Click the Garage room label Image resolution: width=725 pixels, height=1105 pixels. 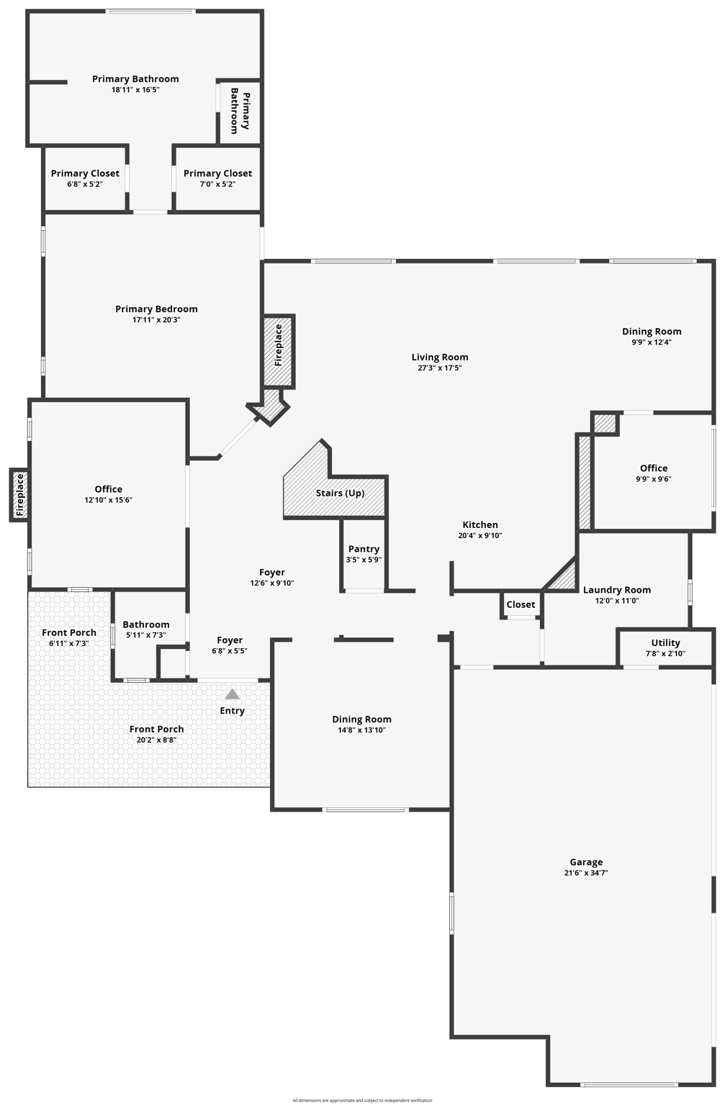[586, 862]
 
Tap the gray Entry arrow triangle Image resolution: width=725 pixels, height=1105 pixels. [232, 694]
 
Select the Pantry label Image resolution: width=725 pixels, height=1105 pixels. [364, 549]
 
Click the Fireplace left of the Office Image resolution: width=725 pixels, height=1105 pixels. [19, 495]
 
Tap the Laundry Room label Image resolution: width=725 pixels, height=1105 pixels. [616, 590]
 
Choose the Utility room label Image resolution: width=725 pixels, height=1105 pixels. [665, 643]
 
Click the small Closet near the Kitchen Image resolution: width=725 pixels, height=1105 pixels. [521, 604]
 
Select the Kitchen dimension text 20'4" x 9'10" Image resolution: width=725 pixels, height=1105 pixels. [480, 536]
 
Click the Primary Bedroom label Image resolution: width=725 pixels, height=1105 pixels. [156, 309]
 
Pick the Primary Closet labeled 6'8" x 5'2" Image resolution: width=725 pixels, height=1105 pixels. [85, 173]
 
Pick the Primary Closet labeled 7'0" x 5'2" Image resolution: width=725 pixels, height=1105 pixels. [217, 173]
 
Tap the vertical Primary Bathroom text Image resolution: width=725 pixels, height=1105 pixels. [240, 112]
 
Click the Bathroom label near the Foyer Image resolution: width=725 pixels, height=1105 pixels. [146, 624]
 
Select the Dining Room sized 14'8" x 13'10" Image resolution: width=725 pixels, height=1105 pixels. [361, 719]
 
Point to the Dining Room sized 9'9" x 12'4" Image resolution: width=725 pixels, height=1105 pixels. [652, 332]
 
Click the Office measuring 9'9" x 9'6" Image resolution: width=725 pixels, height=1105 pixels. [653, 468]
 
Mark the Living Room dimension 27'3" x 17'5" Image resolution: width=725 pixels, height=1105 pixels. [439, 368]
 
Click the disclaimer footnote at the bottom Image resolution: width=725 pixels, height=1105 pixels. [362, 1100]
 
